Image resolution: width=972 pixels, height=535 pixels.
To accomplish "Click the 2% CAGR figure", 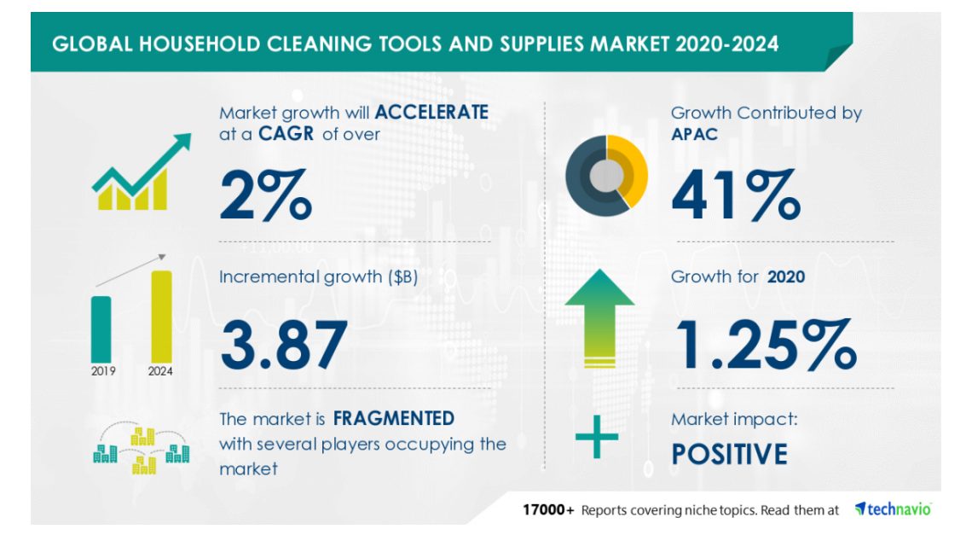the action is [265, 195].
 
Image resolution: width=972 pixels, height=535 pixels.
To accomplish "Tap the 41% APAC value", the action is [736, 195].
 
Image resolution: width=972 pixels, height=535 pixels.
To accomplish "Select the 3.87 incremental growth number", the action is [283, 345].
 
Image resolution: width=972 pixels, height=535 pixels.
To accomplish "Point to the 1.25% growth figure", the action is [767, 345].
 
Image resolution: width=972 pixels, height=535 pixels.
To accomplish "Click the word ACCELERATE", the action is [431, 113].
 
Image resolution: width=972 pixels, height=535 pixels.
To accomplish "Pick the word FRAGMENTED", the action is [394, 419].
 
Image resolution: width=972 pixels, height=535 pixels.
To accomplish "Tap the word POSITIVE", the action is [730, 454].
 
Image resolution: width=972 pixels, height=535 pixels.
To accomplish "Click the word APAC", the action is [694, 134].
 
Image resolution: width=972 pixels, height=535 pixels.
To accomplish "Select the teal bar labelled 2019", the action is [101, 329].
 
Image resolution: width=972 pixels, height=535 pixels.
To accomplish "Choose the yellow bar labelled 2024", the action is [161, 317].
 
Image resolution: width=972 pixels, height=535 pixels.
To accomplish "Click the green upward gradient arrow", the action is [599, 317].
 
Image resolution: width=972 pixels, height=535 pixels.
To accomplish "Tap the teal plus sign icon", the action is [596, 437].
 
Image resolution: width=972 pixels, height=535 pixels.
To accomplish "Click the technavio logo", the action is [893, 509].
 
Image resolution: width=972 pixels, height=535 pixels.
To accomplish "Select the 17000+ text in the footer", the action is [548, 510].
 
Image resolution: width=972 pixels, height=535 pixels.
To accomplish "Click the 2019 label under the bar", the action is [103, 371].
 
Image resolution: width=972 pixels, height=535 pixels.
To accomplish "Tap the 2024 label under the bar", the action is [160, 371].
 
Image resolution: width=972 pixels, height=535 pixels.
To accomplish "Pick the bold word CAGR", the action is [286, 134].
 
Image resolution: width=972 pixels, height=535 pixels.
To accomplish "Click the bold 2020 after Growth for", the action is [786, 276].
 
